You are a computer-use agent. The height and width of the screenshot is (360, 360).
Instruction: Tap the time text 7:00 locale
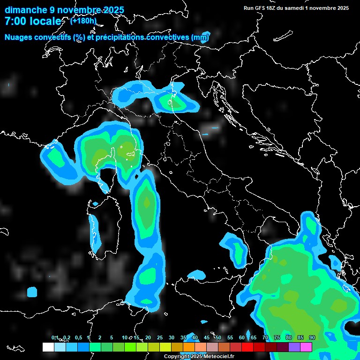pyautogui.click(x=33, y=21)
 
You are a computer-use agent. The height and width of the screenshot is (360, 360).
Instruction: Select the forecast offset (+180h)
pyautogui.click(x=83, y=21)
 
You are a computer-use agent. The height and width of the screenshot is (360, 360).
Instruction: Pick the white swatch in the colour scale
pyautogui.click(x=48, y=347)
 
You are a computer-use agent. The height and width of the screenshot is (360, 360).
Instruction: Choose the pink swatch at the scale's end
pyautogui.click(x=306, y=347)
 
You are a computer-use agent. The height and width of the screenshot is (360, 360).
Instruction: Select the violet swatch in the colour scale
pyautogui.click(x=294, y=347)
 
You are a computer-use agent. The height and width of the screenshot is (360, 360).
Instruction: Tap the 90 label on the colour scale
pyautogui.click(x=312, y=337)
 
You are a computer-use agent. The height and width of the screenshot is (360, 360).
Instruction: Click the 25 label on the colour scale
pyautogui.click(x=160, y=337)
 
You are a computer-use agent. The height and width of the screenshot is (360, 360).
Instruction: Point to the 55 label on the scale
pyautogui.click(x=230, y=337)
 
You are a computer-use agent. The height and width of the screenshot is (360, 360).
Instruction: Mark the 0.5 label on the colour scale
pyautogui.click(x=78, y=337)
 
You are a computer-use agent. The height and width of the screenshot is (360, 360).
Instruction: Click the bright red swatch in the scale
pyautogui.click(x=247, y=347)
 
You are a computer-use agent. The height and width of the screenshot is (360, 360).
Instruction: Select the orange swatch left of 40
pyautogui.click(x=189, y=347)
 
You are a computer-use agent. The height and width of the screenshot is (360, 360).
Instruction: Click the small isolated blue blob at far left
pyautogui.click(x=32, y=292)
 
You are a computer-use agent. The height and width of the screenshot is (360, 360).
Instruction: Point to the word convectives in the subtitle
pyautogui.click(x=168, y=37)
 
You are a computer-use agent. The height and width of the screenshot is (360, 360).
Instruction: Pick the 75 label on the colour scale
pyautogui.click(x=277, y=337)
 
